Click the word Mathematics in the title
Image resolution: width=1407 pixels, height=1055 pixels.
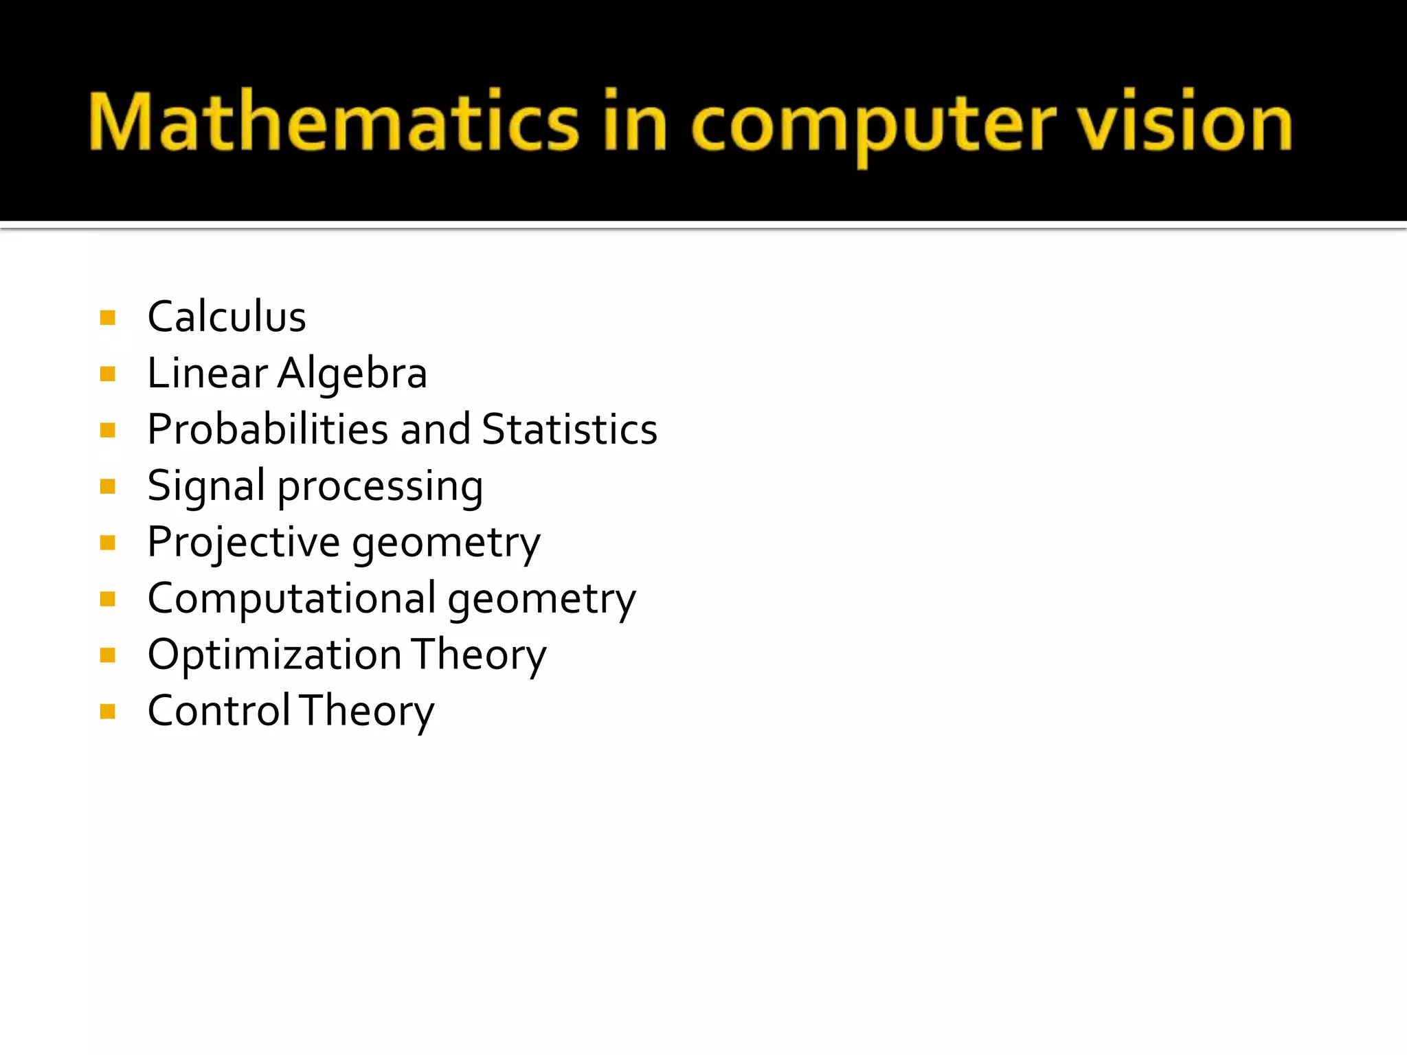tap(334, 122)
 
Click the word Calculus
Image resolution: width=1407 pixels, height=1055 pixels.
tap(227, 317)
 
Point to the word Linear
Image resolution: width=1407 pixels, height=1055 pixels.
tap(207, 373)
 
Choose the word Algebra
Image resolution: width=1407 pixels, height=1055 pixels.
tap(352, 374)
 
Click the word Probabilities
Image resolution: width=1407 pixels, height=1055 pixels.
tap(268, 429)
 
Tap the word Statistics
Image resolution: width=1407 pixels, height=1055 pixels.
tap(570, 429)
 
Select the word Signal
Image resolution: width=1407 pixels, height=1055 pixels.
tap(206, 487)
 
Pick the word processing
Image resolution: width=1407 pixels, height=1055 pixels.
tap(380, 488)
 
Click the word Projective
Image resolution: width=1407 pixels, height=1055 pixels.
tap(243, 543)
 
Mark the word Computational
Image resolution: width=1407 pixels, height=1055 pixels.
tap(291, 598)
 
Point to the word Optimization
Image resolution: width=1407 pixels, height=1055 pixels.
tap(274, 655)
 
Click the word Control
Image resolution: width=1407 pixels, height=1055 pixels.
tap(219, 710)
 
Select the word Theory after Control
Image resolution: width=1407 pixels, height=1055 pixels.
tap(367, 712)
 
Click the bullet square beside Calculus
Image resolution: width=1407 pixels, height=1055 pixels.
tap(107, 317)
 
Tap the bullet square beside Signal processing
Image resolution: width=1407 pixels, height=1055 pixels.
tap(107, 486)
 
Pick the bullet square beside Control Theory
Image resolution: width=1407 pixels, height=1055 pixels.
tap(107, 711)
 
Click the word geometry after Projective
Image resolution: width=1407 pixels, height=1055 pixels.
tap(447, 544)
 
